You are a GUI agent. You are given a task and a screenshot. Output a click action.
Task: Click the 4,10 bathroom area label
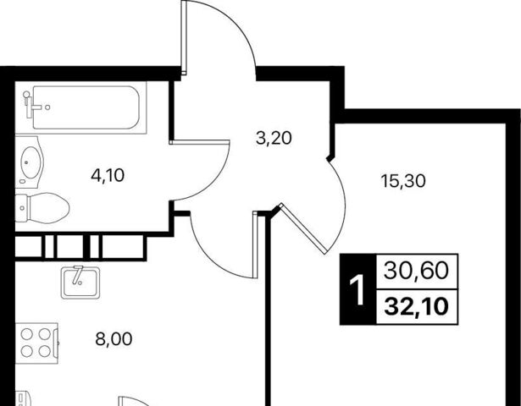point(108,175)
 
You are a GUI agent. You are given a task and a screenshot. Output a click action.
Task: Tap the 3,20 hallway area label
point(274,138)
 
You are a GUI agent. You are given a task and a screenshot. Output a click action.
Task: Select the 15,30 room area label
point(403,181)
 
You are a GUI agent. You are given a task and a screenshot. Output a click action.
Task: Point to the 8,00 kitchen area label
point(114,339)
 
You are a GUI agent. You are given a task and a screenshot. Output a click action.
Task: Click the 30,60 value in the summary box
point(416,271)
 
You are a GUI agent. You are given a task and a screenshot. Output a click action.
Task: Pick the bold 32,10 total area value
point(416,307)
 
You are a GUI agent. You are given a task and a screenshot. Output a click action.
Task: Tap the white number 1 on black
point(357,291)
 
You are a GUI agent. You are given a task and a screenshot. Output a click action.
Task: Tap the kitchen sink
point(80,283)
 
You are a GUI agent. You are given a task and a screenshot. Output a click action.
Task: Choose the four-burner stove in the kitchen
point(36,343)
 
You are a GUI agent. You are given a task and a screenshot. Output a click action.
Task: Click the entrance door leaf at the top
point(184,37)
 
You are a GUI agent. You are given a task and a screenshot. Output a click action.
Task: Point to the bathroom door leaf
point(199,142)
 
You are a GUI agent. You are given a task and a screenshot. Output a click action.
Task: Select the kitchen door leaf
point(255,244)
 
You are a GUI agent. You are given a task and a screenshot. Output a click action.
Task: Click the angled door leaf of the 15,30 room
point(303,228)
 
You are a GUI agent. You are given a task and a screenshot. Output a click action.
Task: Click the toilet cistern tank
point(21,208)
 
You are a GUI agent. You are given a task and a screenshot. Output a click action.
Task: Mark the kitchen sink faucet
point(78,275)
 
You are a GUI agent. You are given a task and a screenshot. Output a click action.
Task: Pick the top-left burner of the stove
point(26,334)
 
